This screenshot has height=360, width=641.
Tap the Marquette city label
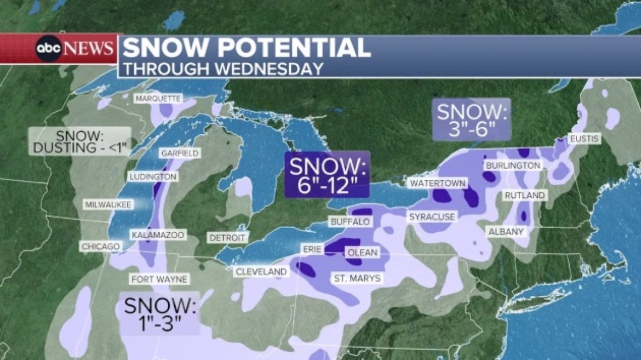158,99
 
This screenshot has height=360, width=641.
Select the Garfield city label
179,153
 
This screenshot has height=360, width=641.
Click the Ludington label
153,177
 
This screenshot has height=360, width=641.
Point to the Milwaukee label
108,204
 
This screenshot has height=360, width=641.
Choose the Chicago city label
100,247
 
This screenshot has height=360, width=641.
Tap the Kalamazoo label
158,235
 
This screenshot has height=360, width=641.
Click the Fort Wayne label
159,279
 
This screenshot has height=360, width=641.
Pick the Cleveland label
261,272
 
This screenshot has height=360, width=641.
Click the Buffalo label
350,222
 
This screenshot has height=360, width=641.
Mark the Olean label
362,253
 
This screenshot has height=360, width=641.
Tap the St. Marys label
357,279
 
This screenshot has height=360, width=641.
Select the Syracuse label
432,218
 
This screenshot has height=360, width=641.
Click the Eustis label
584,139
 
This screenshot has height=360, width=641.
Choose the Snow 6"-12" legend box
327,174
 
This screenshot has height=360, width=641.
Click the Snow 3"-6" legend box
471,120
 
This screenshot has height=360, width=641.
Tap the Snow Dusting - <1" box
81,141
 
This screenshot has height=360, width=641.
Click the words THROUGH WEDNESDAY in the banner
222,68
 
